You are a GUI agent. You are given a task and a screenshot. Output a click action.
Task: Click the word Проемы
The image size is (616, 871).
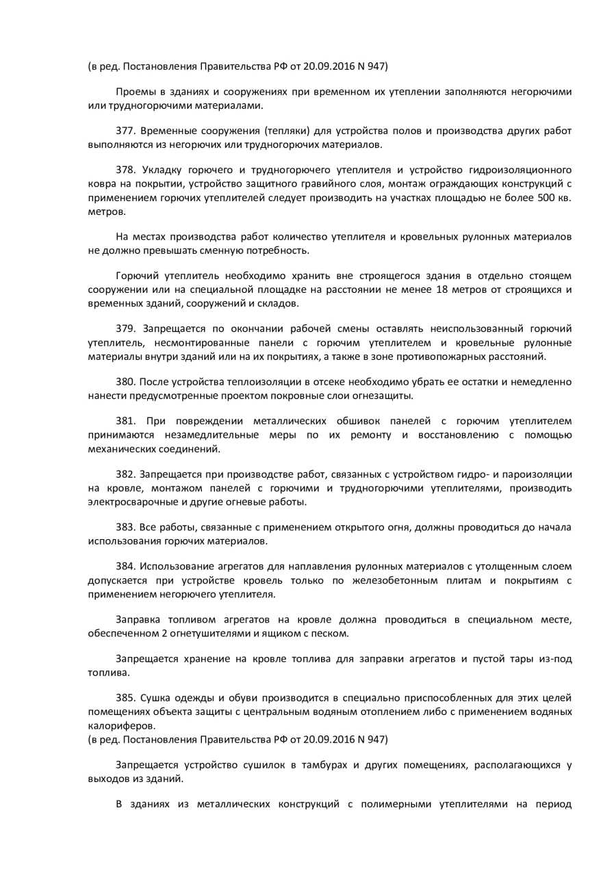(x=133, y=92)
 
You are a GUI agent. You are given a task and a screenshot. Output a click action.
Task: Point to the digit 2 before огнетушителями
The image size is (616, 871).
(x=167, y=633)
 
